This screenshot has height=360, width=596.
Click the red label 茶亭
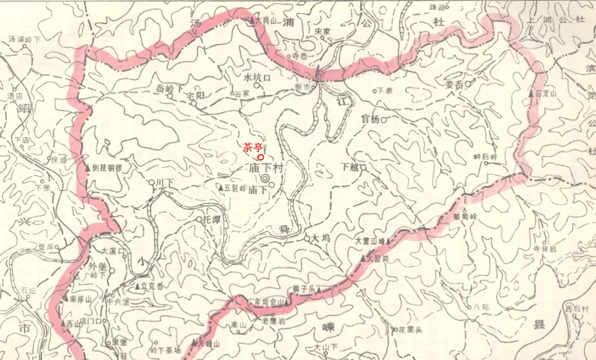[x=253, y=147]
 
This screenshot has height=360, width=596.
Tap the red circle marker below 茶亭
[x=260, y=157]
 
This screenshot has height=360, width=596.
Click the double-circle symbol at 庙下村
[x=265, y=179]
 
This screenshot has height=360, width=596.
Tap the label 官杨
[x=370, y=119]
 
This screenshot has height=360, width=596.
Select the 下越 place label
[x=350, y=166]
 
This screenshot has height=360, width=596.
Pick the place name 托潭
[x=212, y=219]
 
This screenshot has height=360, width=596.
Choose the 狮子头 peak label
[x=304, y=288]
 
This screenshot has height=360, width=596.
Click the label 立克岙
[x=152, y=286]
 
